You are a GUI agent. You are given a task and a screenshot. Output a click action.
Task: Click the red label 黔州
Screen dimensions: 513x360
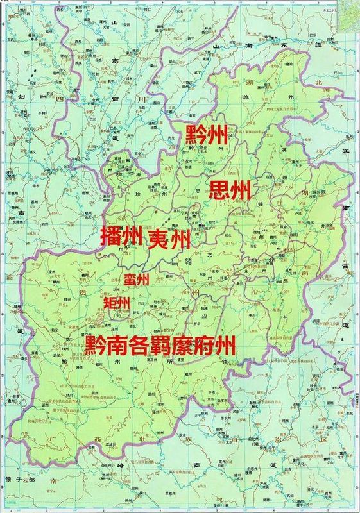tap(206, 135)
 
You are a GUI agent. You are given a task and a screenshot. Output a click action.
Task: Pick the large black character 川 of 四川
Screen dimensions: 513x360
tap(126, 101)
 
